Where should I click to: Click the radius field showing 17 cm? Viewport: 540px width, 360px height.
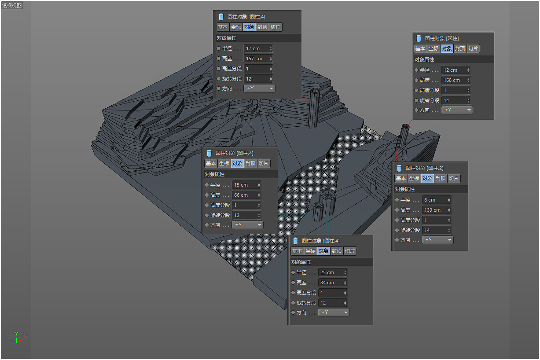258,48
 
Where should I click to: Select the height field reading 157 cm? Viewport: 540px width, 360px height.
258,59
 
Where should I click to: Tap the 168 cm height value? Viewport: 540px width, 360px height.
456,80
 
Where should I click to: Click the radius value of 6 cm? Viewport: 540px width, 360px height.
436,200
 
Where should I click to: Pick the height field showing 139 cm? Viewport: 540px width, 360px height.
436,210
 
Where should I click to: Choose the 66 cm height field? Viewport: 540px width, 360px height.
246,195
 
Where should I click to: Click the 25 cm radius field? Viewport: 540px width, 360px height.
332,272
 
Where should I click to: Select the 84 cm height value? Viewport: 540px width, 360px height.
332,283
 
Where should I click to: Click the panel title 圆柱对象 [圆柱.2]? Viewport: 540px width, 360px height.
424,168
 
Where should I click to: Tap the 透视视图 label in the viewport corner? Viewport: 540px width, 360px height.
12,5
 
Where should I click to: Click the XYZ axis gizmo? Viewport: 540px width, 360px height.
16,338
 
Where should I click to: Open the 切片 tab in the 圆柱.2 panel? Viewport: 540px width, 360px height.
454,178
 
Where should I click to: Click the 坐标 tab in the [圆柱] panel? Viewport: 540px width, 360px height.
433,49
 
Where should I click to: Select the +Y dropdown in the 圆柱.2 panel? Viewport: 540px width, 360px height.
437,240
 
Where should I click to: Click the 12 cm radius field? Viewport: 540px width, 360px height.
456,70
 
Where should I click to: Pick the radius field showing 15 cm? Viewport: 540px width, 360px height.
246,185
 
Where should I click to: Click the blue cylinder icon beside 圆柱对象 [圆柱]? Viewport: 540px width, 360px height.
419,38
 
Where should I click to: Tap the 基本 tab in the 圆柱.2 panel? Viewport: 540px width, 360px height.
401,178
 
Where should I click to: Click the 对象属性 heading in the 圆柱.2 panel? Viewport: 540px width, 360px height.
405,190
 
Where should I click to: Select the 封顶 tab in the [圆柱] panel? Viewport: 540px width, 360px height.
460,49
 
